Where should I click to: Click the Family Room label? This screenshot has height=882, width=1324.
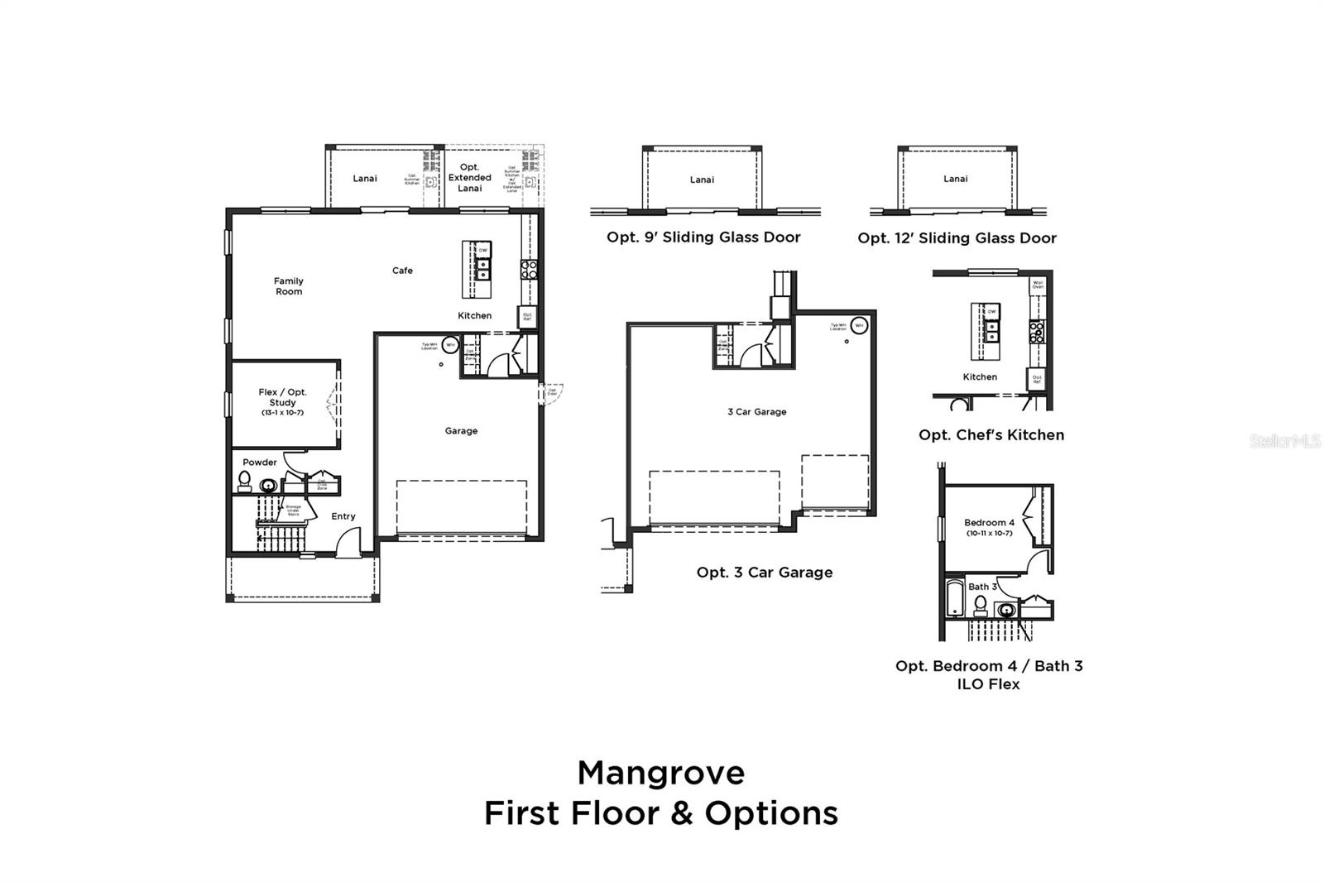289,286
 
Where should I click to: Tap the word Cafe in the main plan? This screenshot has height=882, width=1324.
402,271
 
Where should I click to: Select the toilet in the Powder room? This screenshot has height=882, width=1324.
244,480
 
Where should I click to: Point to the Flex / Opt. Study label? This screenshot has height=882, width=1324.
282,401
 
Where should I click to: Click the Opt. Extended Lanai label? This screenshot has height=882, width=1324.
469,178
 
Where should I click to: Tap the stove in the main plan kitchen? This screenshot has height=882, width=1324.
528,269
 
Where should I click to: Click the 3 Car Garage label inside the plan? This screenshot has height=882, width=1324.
756,411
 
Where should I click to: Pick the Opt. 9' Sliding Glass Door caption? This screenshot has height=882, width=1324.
703,237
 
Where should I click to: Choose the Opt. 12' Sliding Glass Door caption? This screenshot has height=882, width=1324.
957,238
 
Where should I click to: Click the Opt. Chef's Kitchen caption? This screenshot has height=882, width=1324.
991,435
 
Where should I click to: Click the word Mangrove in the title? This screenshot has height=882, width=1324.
660,773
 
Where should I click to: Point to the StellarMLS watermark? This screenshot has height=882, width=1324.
1285,442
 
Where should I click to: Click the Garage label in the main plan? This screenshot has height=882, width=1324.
461,431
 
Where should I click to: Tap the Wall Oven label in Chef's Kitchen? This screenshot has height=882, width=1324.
1038,285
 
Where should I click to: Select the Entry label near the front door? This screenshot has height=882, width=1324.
343,516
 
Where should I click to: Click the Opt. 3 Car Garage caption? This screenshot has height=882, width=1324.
764,573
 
